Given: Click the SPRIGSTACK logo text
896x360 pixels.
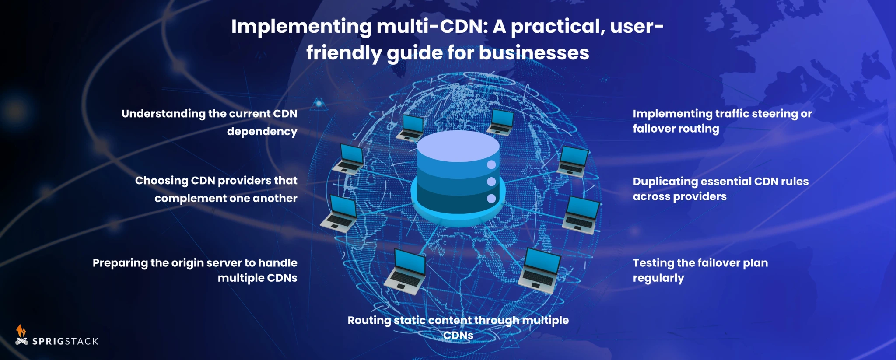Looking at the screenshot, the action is point(65,341).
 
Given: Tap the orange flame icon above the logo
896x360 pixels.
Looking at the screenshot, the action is point(21,330).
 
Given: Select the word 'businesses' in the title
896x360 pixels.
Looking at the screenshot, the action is point(534,53).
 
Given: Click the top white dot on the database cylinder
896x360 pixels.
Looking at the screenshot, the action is point(491,165).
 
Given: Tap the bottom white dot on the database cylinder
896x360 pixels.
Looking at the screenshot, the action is point(491,199).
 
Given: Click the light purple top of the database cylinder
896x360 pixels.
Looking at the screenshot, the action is point(458,146).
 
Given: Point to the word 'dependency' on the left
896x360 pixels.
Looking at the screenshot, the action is point(262,132).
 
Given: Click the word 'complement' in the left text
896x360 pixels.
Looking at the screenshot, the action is point(190,199).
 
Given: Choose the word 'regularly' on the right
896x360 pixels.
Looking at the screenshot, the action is point(658,279).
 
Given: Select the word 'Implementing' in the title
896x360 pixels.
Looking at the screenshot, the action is point(301,27).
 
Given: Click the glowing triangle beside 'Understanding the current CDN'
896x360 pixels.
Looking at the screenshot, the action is point(319,104).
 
